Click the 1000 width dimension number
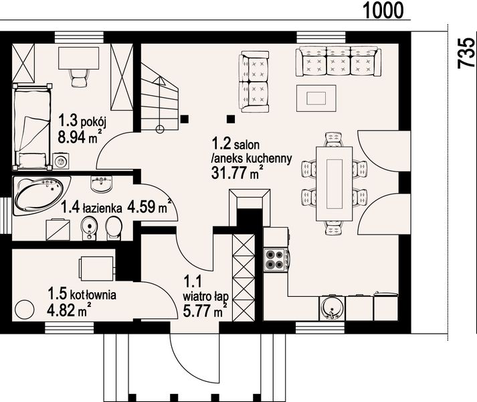(383, 10)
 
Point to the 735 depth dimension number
(466, 52)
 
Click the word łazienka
(102, 208)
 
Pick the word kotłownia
(93, 295)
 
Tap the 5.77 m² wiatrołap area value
(205, 310)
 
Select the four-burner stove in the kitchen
(276, 260)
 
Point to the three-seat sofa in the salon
(339, 61)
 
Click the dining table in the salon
(335, 184)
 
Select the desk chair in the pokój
(80, 78)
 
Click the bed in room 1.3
(32, 126)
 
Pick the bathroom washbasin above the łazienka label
(101, 184)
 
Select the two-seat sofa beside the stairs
(254, 82)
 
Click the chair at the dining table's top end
(334, 139)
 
